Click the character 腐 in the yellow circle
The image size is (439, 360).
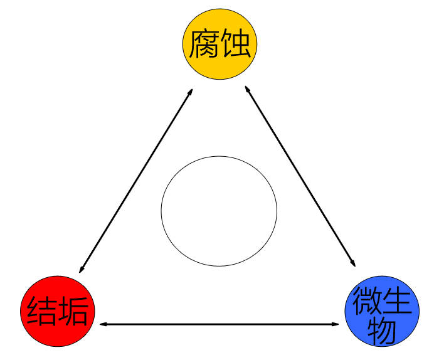[x=202, y=43]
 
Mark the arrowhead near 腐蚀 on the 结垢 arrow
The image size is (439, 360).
[x=189, y=92]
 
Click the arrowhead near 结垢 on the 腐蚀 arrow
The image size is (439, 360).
[x=82, y=270]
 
